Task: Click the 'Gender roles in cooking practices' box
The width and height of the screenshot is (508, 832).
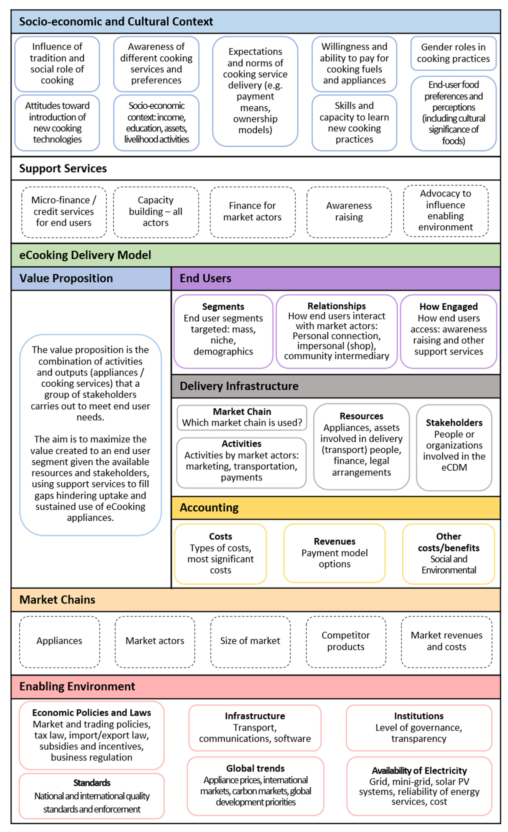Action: coord(453,53)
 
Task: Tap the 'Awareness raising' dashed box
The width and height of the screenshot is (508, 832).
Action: coord(349,212)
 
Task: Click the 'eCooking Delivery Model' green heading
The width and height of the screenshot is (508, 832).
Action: coord(85,255)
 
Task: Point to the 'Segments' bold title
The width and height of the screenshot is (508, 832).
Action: coord(223,307)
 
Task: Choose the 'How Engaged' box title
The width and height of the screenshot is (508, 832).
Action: coord(448,307)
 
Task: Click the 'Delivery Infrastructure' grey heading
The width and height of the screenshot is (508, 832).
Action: coord(239,386)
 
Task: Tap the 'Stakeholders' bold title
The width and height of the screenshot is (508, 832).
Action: coord(454,423)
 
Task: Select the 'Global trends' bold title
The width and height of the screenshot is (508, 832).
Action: coord(255,769)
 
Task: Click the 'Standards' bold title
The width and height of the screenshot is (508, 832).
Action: coord(92,783)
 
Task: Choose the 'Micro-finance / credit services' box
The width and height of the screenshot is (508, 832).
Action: coord(64,212)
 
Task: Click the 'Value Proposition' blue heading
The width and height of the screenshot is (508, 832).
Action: coord(66,278)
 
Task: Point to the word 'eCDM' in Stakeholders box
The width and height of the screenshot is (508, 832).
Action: coord(454,468)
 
